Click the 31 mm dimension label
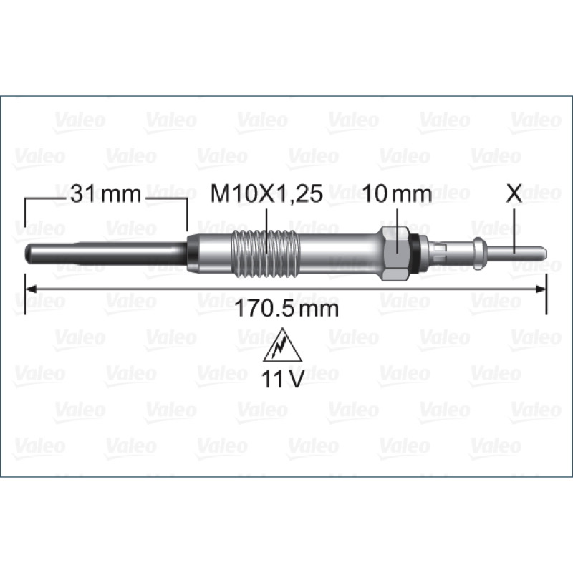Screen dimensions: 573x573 (x=105, y=194)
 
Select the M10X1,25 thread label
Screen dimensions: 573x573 (x=266, y=194)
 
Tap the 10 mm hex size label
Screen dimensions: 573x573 (x=398, y=194)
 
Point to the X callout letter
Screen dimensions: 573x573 (x=514, y=194)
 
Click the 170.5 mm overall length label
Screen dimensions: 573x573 (x=286, y=309)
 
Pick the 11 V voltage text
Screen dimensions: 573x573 (x=282, y=380)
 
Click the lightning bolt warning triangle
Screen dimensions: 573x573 (x=282, y=345)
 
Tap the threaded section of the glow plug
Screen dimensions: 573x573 (x=266, y=252)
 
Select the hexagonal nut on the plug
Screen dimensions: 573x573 (x=395, y=254)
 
